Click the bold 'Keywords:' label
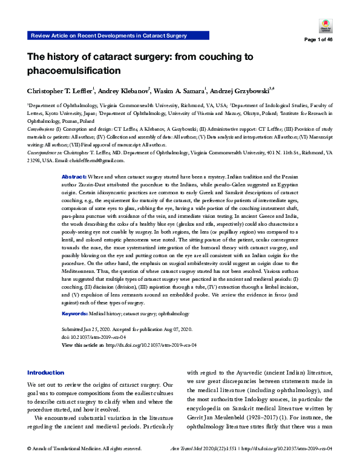(x=76, y=314)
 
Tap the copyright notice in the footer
(x=84, y=465)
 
